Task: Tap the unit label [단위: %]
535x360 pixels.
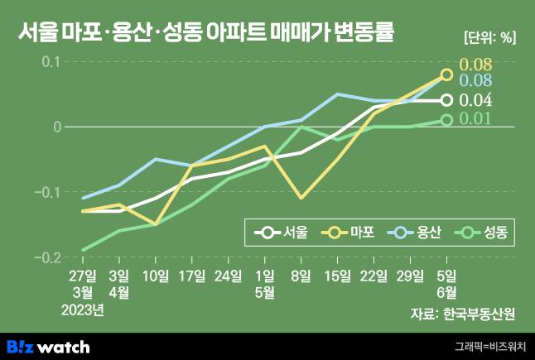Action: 489,37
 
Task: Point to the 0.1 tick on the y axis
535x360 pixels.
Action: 51,62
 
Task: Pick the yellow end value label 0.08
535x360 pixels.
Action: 475,65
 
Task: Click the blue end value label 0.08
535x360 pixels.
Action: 475,81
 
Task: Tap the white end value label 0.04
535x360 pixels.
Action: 475,101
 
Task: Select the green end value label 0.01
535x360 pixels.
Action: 475,119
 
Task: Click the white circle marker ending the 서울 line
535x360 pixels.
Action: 446,100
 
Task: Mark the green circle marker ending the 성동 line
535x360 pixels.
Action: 446,120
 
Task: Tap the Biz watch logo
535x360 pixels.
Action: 49,346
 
